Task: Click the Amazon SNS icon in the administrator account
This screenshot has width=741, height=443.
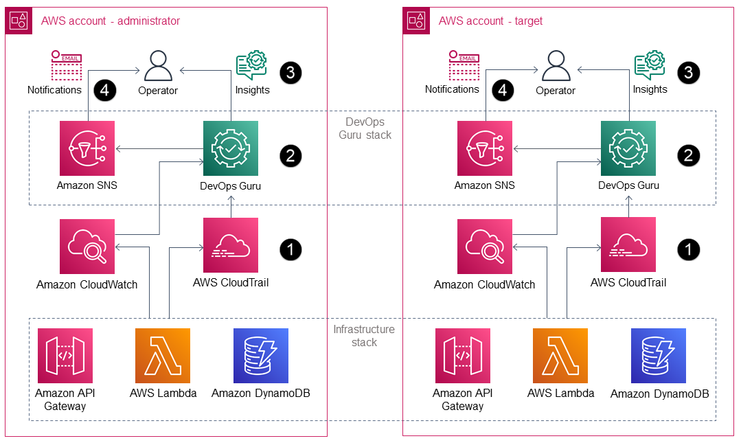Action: tap(87, 148)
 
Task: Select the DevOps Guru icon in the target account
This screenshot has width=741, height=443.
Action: tap(628, 148)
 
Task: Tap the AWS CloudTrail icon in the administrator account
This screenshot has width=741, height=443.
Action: tap(231, 245)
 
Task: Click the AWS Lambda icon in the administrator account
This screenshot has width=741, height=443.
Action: tap(163, 356)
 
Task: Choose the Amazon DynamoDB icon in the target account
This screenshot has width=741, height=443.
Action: tap(659, 356)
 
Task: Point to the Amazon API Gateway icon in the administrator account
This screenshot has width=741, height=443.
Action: tap(65, 356)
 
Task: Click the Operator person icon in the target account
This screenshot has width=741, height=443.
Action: tap(556, 67)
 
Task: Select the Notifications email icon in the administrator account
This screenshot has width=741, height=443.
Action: tap(67, 66)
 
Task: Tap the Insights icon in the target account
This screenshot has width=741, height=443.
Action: tap(649, 66)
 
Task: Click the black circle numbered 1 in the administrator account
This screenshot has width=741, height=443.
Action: tap(290, 249)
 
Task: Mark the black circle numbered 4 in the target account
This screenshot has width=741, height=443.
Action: tap(505, 90)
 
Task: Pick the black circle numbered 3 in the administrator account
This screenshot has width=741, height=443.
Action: tap(290, 72)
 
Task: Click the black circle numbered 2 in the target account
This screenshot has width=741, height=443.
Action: tap(688, 156)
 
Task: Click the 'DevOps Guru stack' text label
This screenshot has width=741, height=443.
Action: tap(365, 128)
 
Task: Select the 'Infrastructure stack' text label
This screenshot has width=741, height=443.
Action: tap(364, 336)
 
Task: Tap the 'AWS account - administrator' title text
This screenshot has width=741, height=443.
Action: tap(110, 21)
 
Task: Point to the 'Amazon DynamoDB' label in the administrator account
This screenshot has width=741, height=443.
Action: tap(261, 394)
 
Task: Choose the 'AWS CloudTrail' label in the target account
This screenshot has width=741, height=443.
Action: tap(628, 282)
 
